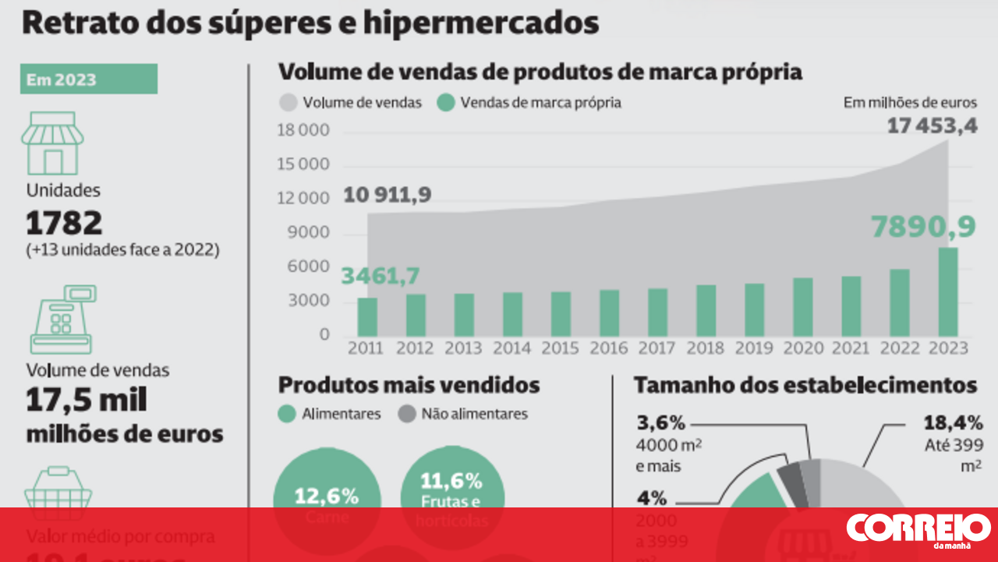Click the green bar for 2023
[948, 292]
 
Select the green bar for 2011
[368, 317]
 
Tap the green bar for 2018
[706, 310]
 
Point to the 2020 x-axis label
[803, 348]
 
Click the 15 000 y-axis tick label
[303, 164]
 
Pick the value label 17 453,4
[932, 125]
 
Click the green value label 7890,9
[923, 227]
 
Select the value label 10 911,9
[388, 195]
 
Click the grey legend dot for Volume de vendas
[288, 103]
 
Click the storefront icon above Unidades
[52, 143]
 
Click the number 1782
[64, 224]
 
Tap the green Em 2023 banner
[89, 80]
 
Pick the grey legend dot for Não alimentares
[406, 414]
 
